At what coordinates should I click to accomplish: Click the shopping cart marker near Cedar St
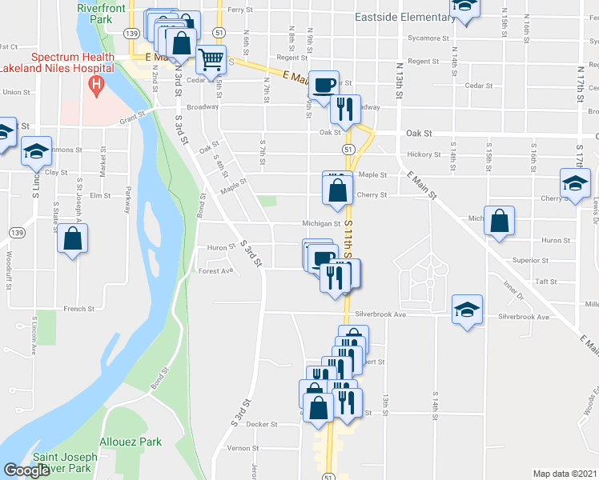click(211, 58)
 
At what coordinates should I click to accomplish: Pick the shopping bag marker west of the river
click(73, 238)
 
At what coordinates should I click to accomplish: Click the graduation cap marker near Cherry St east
click(575, 182)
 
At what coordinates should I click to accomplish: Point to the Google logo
click(26, 470)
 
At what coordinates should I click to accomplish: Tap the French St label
click(79, 308)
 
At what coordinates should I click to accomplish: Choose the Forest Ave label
click(215, 270)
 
